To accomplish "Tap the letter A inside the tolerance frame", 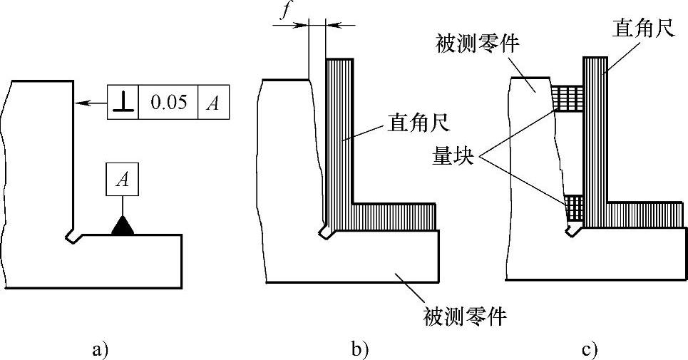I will point(212,103).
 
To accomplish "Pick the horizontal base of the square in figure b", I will point(392,216).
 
